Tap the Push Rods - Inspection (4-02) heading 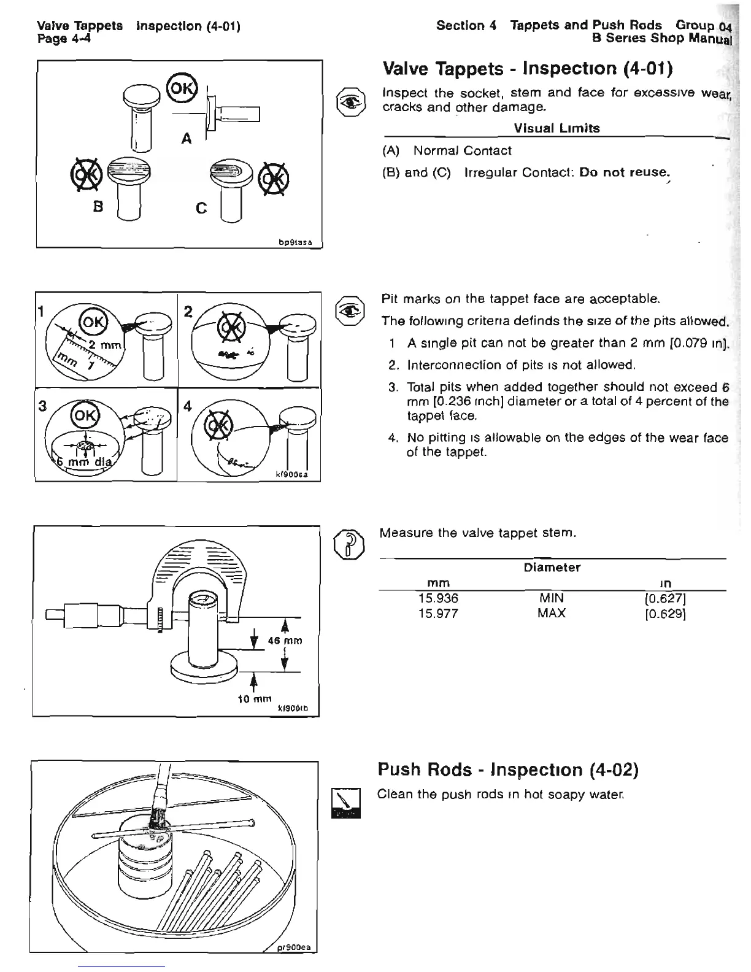click(509, 769)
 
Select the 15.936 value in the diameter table click(438, 598)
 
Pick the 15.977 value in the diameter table click(438, 613)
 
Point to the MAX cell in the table click(551, 613)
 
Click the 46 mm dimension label click(285, 641)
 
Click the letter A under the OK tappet click(187, 139)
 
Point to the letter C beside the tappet click(201, 209)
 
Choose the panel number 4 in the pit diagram click(187, 406)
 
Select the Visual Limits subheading click(557, 128)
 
